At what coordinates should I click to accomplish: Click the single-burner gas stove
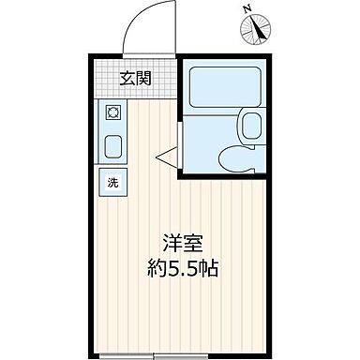point(113,113)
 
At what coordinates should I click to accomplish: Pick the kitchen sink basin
point(113,146)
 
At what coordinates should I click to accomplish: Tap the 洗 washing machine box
point(112,181)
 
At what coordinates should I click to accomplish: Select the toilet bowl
point(234,158)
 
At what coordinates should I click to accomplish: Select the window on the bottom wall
point(166,354)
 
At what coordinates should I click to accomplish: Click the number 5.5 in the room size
point(180,268)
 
